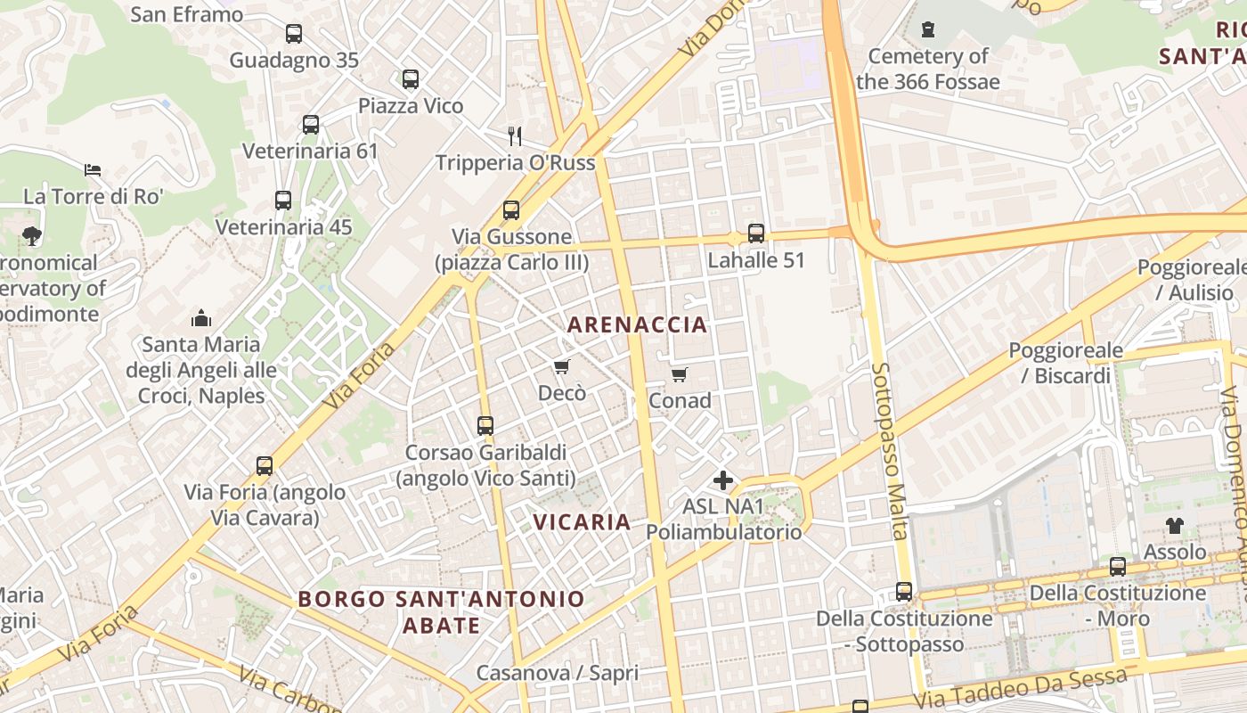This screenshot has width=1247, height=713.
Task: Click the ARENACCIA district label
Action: (x=637, y=324)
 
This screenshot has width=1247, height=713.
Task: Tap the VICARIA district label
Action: (x=582, y=521)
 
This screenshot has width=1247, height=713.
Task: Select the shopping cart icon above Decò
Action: (x=561, y=367)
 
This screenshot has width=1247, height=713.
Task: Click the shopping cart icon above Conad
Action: (x=679, y=375)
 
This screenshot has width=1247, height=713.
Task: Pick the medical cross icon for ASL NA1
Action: (x=723, y=481)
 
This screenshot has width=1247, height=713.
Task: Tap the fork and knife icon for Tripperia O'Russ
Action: (x=515, y=135)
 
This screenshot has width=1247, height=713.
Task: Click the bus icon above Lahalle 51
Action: (x=756, y=234)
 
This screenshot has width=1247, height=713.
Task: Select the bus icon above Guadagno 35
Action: (x=294, y=34)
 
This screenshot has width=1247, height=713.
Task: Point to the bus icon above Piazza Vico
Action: (x=411, y=79)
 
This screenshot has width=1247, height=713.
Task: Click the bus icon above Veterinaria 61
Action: (x=311, y=125)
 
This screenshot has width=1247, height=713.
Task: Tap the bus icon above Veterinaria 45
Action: (x=283, y=201)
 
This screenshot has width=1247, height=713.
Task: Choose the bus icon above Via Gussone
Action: (x=511, y=210)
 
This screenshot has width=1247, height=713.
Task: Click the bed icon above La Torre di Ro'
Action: (x=93, y=169)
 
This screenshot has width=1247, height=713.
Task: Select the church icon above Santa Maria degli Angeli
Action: (x=201, y=318)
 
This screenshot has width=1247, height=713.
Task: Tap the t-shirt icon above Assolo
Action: (x=1175, y=526)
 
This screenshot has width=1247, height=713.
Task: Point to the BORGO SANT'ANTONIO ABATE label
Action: (x=442, y=611)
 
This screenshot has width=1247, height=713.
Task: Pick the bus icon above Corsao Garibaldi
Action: (x=485, y=426)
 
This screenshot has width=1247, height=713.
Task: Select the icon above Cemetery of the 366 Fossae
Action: (x=928, y=29)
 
